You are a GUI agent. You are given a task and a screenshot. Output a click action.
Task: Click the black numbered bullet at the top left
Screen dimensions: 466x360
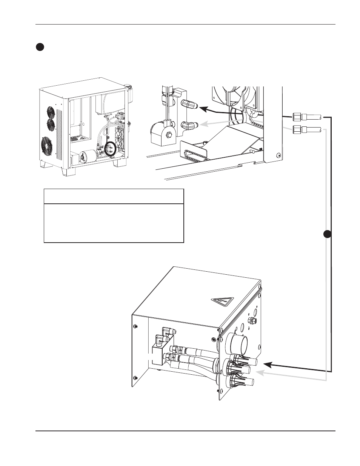coord(40,47)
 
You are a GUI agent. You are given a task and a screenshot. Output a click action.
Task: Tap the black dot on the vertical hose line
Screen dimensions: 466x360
coord(328,234)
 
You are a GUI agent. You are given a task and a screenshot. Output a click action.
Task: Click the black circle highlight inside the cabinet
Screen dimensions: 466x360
coord(111,149)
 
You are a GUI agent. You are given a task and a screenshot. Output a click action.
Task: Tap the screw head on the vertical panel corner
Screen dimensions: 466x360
coord(278,155)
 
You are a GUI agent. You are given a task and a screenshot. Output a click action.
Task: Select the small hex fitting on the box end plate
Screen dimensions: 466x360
coord(251,321)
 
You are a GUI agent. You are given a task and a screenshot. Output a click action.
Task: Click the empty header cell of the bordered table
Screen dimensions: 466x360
coord(114,197)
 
